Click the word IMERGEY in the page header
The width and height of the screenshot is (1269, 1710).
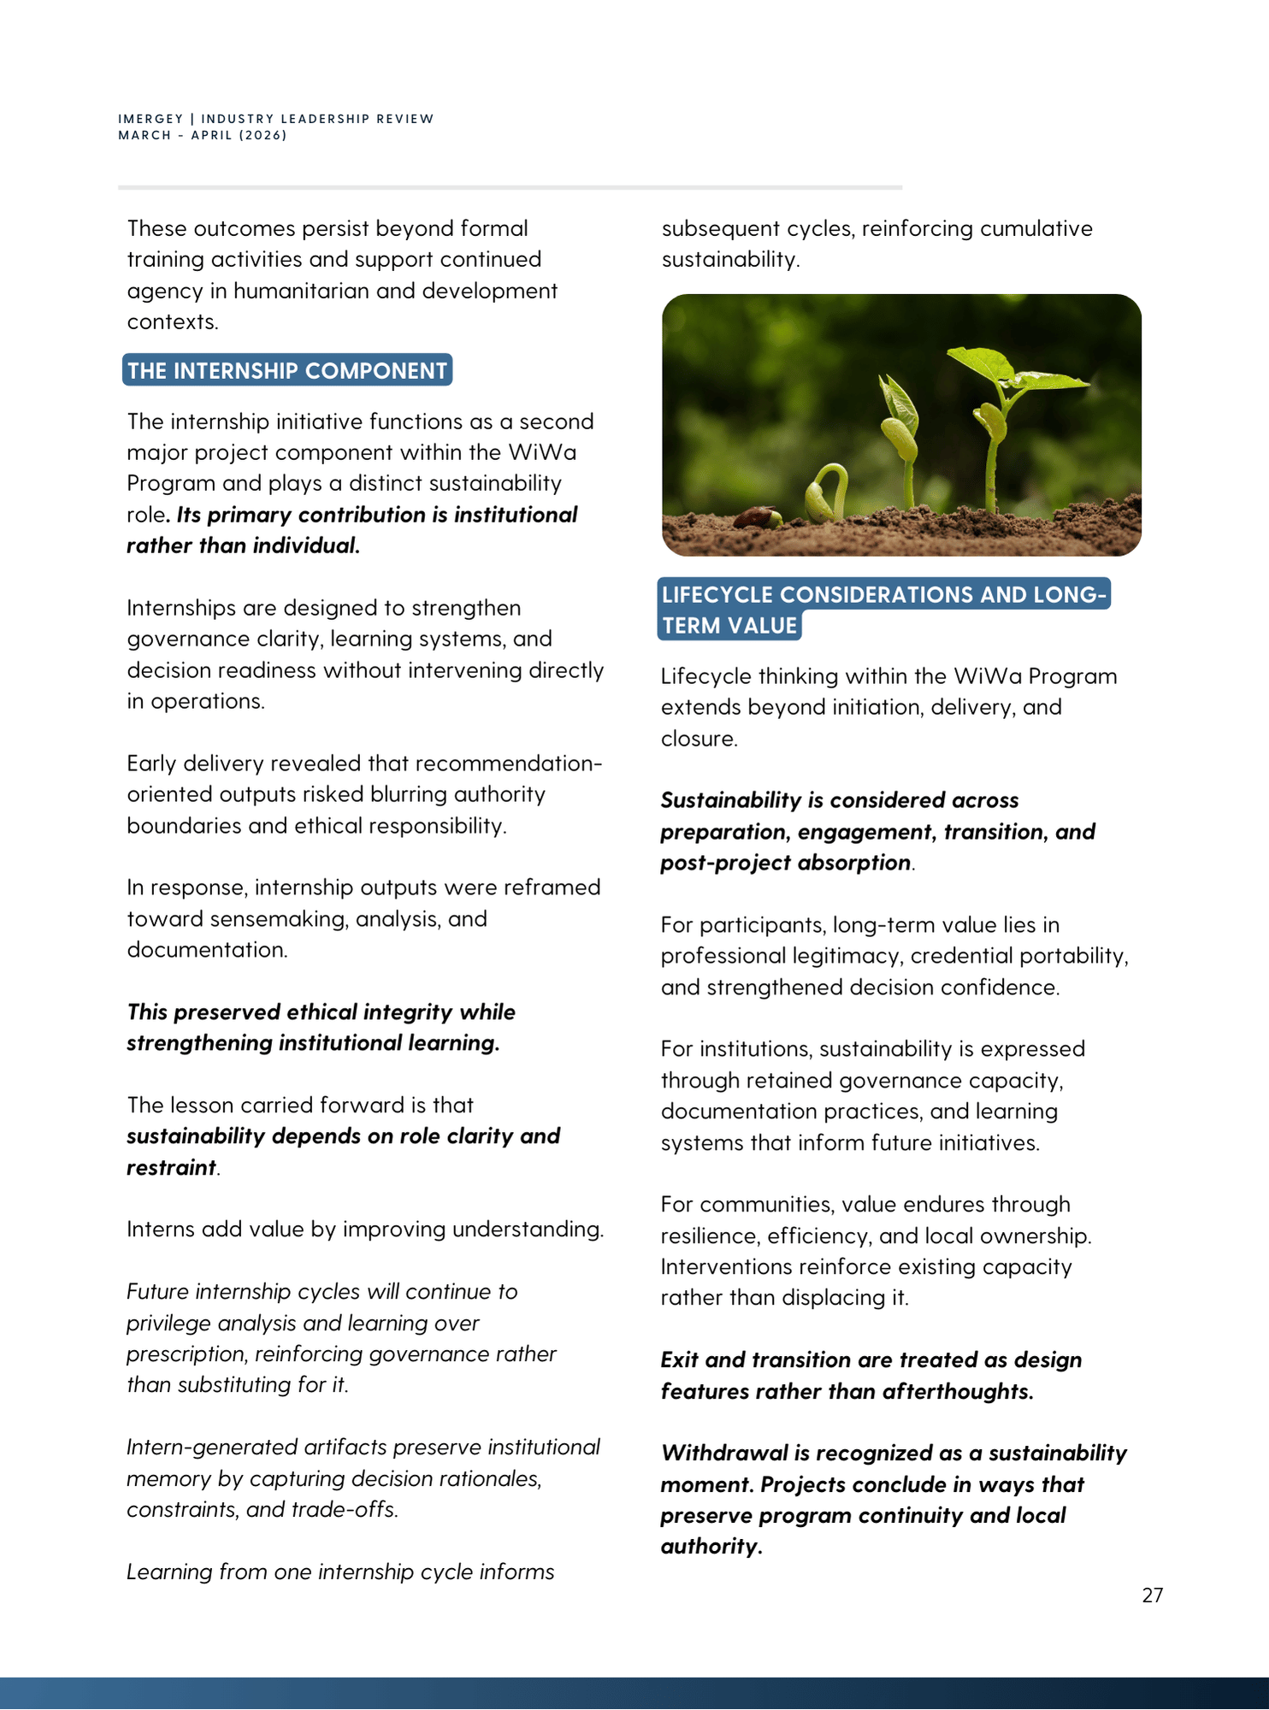[x=151, y=119]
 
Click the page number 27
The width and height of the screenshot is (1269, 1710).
[x=1152, y=1595]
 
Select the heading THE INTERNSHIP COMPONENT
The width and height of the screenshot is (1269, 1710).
[x=287, y=370]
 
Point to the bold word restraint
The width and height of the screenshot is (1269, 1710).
[x=171, y=1167]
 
